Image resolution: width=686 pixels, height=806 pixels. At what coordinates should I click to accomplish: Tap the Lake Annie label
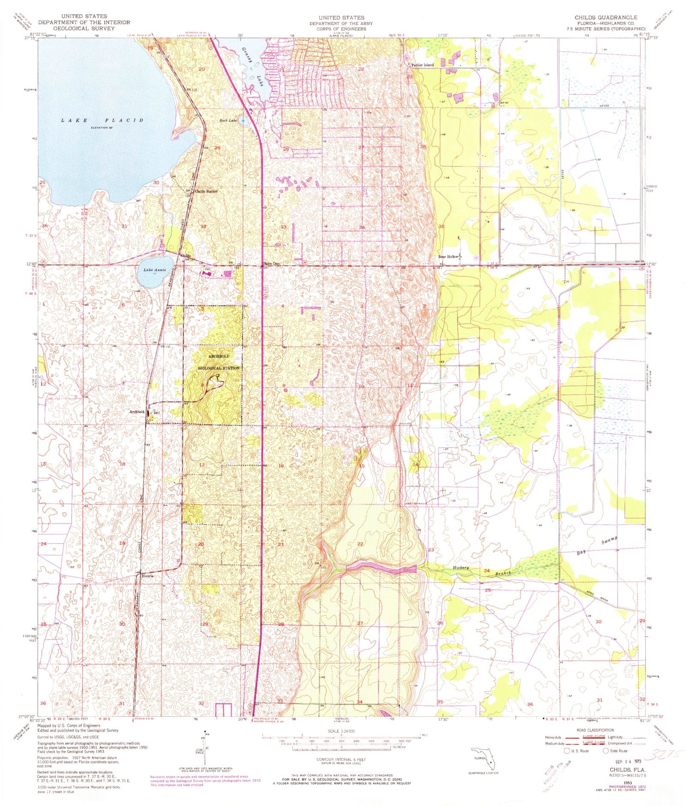pos(155,270)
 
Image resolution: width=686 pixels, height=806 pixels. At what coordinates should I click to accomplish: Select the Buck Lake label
pos(228,121)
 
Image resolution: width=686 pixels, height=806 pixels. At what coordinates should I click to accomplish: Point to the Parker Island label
pos(422,65)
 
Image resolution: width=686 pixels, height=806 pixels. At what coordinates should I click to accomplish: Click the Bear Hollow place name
pos(449,257)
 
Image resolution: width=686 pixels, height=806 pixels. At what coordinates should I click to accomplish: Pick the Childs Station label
pos(206,191)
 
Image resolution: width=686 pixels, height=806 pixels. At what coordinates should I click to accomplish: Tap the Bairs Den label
pos(271,263)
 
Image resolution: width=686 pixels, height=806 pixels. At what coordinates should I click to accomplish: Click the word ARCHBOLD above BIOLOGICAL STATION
pos(219,356)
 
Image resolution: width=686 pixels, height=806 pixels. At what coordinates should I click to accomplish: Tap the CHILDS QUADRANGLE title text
pos(606,17)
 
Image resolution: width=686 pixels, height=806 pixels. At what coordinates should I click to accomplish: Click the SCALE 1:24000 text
pos(342,731)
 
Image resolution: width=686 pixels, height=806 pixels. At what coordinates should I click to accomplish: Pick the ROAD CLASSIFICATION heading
pos(595,730)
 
